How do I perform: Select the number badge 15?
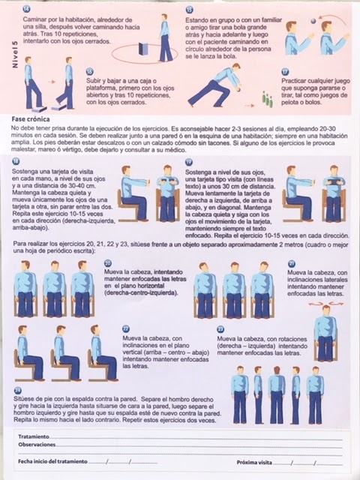(188, 8)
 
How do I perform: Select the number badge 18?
(17, 162)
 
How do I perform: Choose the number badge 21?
(291, 263)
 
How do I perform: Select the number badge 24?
(17, 391)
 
